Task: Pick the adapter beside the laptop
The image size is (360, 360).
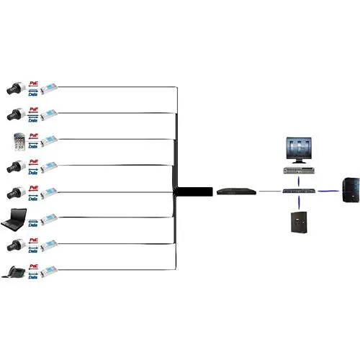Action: pos(48,219)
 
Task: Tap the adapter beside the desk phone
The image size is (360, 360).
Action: pos(48,271)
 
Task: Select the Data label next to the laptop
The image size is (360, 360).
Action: pos(32,222)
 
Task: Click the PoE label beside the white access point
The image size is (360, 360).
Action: pos(32,135)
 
